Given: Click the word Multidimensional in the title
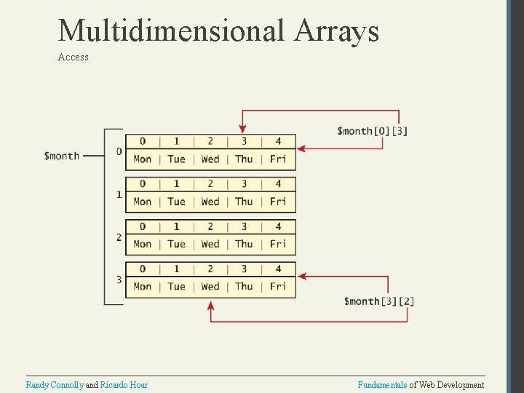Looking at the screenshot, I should point(172,31).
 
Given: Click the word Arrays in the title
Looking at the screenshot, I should point(337,31).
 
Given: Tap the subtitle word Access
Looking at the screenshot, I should point(73,57).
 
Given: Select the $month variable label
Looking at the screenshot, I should point(62,156).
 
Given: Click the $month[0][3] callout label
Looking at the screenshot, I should point(372,131).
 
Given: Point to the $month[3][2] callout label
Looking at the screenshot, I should point(379,301).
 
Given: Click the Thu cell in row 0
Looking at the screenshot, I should point(244,159).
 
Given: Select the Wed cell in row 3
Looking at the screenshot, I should point(210,287).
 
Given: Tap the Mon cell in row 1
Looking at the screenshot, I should point(143,202).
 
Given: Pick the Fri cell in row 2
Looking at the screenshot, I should point(278,245).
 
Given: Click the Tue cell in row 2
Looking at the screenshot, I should point(176,245).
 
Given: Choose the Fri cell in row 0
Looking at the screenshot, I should point(278,159).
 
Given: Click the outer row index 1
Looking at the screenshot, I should point(119,194).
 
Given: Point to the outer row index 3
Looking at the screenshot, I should point(119,279).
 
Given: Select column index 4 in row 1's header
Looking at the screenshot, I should point(278,184).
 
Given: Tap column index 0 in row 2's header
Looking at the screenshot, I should point(143,226).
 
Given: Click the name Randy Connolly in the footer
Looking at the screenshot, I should point(55,384).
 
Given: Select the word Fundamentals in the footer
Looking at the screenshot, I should point(382,384).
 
